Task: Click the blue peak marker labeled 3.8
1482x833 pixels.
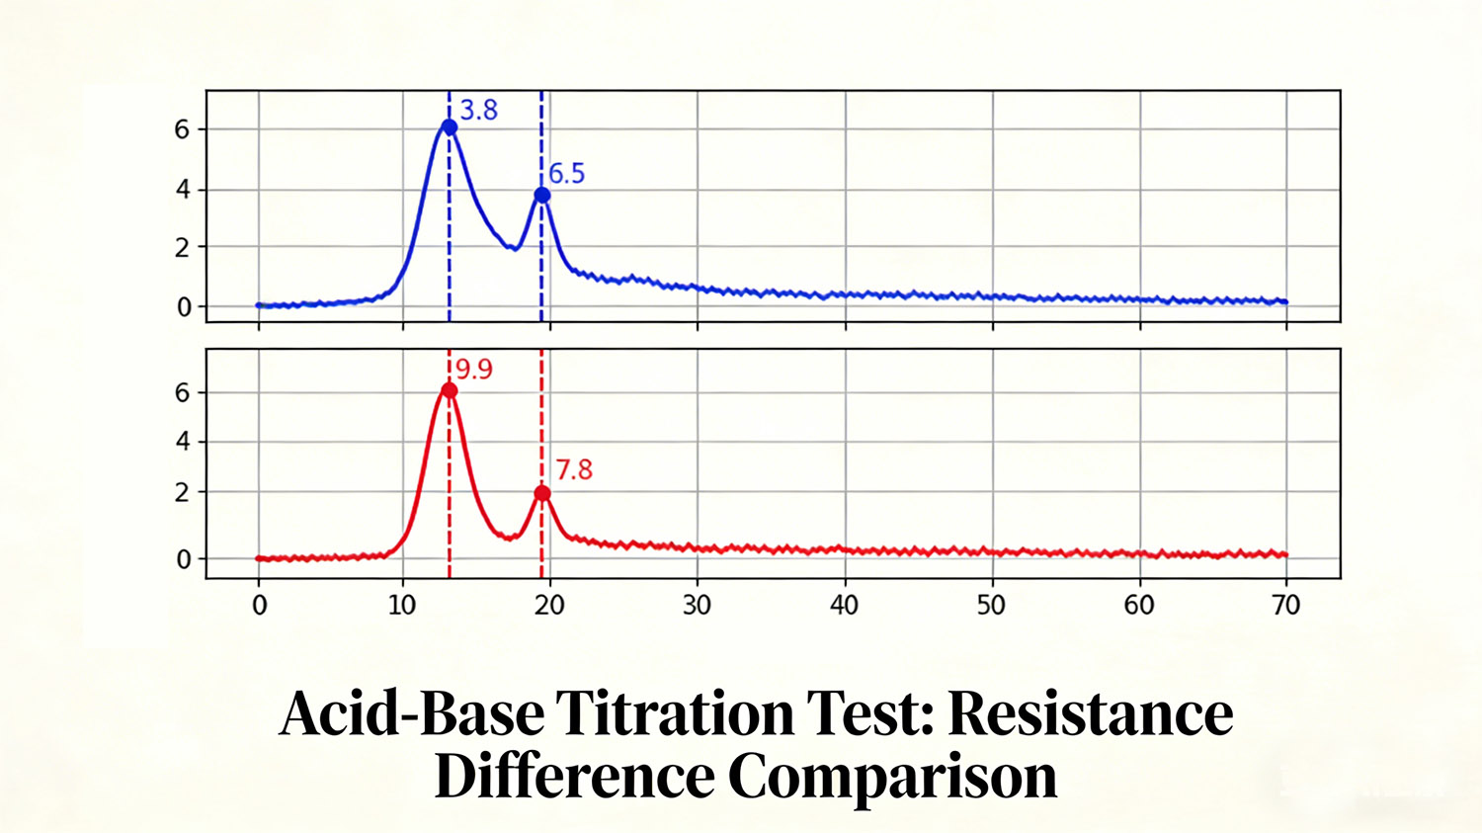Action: tap(450, 127)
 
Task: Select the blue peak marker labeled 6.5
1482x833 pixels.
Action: tap(541, 196)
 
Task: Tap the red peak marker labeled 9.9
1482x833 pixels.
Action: tap(450, 391)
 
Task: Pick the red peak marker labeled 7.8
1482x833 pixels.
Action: tap(541, 493)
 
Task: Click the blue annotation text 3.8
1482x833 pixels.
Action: tap(479, 111)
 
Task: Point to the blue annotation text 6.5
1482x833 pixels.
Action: tap(567, 174)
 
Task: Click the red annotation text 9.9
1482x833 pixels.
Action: tap(474, 370)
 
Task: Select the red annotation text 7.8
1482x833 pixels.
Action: tap(574, 469)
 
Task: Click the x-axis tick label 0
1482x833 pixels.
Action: tap(259, 606)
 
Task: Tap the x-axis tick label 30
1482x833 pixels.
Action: tap(697, 606)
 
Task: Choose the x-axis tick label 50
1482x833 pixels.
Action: tap(991, 606)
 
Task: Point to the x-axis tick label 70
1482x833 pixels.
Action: tap(1285, 606)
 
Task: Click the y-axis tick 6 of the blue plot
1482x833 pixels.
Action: tap(182, 129)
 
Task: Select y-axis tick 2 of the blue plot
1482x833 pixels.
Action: tap(182, 248)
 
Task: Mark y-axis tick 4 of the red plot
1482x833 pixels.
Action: tap(182, 442)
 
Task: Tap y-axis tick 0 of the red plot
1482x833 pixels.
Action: tap(183, 559)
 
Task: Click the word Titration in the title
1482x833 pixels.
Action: tap(675, 712)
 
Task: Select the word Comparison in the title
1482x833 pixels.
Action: tap(893, 777)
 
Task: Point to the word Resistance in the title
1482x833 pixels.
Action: tap(1091, 712)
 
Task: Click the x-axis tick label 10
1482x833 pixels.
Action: tap(402, 606)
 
